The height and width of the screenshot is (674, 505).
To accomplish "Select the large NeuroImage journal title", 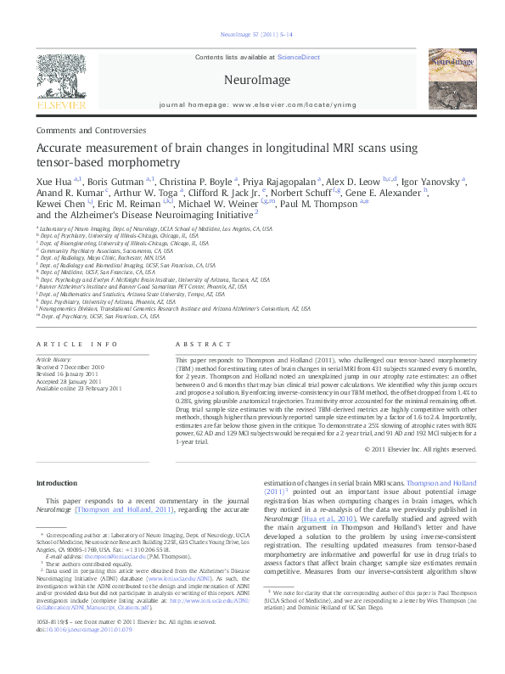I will pyautogui.click(x=252, y=80).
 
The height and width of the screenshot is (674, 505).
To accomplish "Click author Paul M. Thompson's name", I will pyautogui.click(x=327, y=203).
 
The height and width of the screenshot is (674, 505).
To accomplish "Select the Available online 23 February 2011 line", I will pyautogui.click(x=81, y=388).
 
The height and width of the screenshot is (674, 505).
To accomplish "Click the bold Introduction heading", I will pyautogui.click(x=56, y=483).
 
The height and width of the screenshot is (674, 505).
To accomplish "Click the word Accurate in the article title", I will pyautogui.click(x=59, y=149).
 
